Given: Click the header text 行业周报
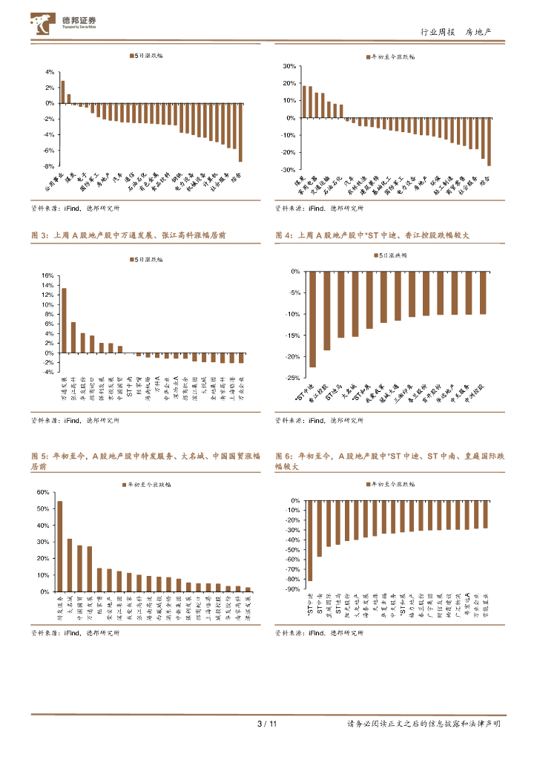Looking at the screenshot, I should (435, 32).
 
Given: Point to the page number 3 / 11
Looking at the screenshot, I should (266, 724).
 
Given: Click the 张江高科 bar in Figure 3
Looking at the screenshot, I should (73, 337).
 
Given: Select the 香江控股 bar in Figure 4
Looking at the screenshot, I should (326, 311).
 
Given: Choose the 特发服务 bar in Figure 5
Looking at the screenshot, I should (60, 546).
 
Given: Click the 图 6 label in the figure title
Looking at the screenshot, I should (283, 455).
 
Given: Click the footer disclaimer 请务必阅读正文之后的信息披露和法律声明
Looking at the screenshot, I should (424, 724).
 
